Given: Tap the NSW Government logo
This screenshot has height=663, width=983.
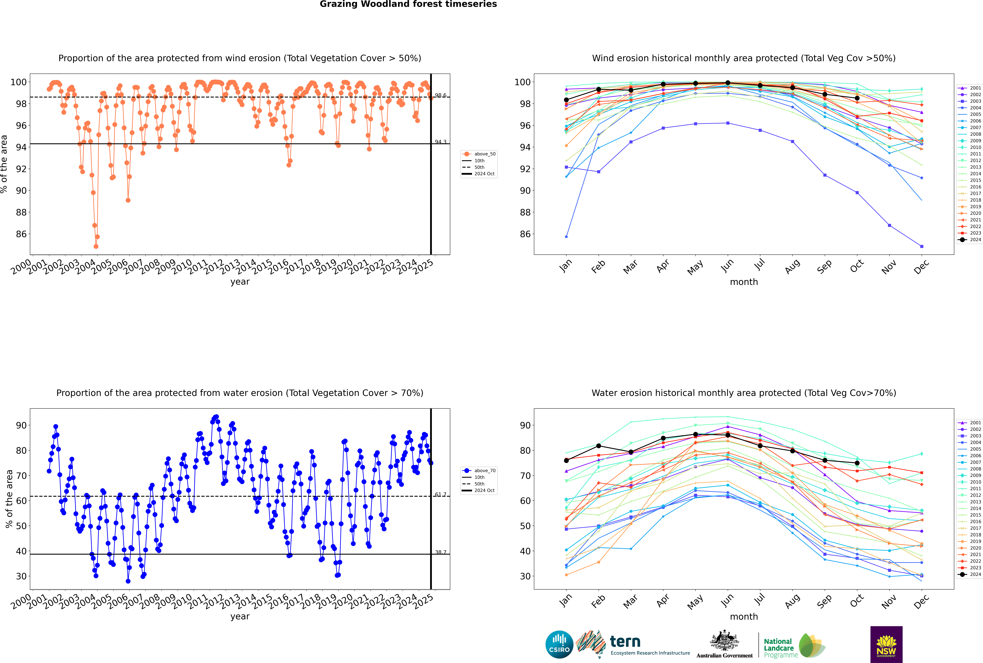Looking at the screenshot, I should [886, 644].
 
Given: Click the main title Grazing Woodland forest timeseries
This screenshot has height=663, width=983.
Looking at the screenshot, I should [408, 4].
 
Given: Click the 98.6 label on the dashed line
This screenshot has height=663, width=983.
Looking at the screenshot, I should [440, 95].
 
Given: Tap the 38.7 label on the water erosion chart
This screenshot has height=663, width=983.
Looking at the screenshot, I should [440, 552].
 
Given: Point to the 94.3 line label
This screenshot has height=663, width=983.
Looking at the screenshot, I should [440, 142].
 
